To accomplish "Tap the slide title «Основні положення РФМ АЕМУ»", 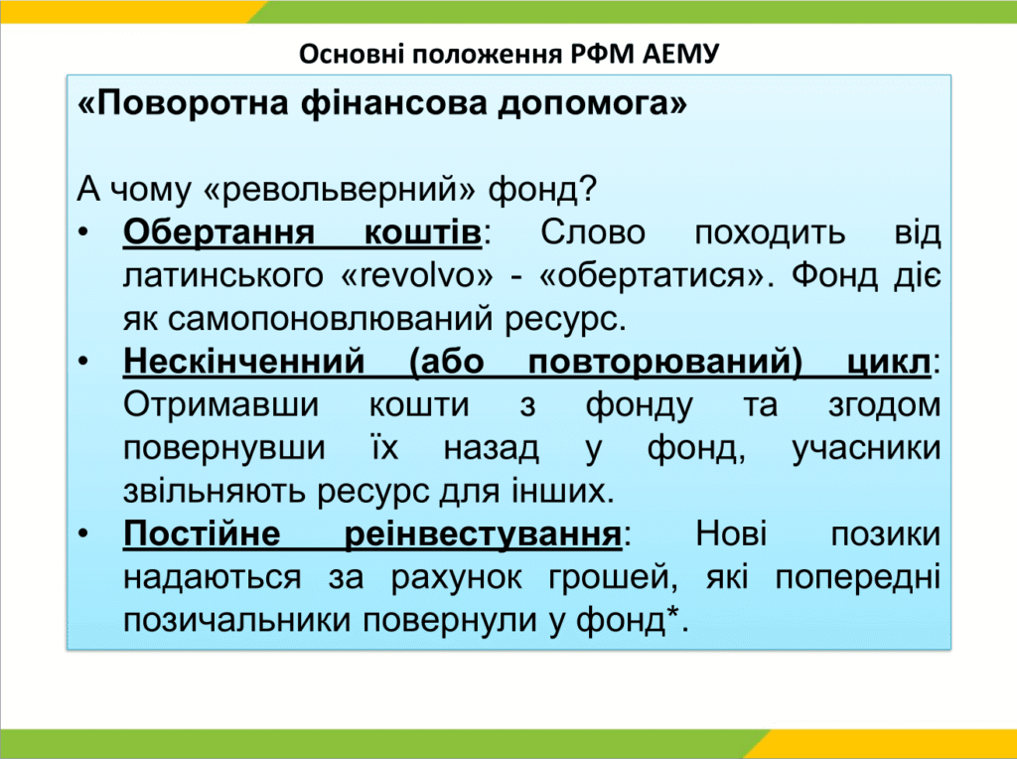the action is pyautogui.click(x=509, y=54).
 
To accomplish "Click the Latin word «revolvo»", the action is pyautogui.click(x=416, y=275).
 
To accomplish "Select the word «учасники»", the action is pyautogui.click(x=866, y=448).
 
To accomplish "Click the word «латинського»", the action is pyautogui.click(x=223, y=276).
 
